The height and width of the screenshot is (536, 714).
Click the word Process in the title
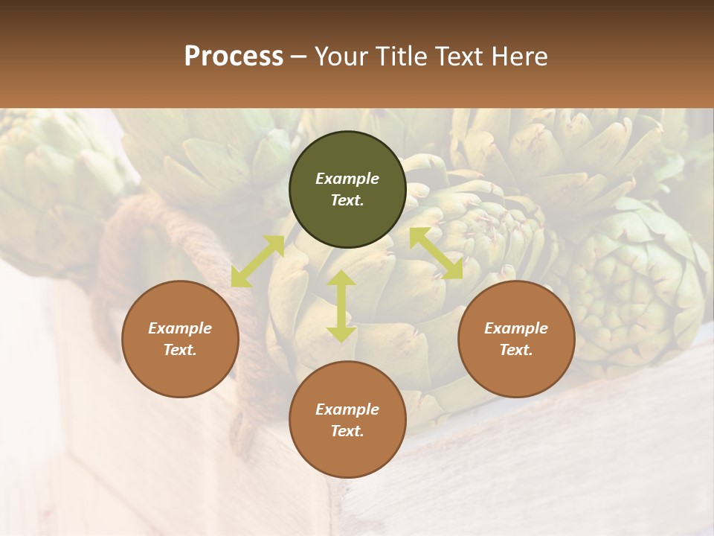(234, 56)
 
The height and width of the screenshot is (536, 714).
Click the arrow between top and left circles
(257, 261)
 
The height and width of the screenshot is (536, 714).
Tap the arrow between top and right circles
(437, 253)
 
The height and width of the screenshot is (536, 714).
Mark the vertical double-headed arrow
(341, 306)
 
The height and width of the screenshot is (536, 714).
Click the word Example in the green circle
(347, 179)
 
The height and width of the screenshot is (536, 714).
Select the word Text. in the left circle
(180, 350)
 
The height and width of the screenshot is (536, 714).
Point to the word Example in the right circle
(516, 328)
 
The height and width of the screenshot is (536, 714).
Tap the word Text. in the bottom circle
(347, 431)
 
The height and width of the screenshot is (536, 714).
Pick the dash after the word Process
(299, 57)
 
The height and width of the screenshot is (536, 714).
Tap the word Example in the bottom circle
(347, 409)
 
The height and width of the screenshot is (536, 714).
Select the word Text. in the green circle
(347, 200)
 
